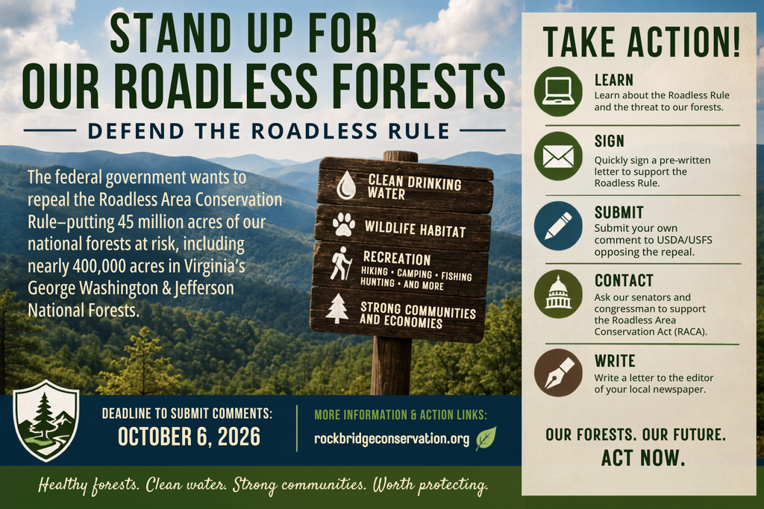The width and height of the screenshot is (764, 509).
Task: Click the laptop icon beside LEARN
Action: [x=558, y=91]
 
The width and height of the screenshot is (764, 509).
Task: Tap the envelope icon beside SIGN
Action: [x=558, y=157]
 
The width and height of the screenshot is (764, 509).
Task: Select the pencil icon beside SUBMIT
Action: [x=558, y=226]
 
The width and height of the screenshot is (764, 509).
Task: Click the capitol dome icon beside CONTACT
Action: [x=558, y=294]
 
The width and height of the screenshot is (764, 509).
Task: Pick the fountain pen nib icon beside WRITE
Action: [x=558, y=373]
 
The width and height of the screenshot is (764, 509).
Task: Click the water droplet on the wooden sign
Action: [x=346, y=185]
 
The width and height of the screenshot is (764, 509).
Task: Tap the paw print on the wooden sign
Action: [x=344, y=224]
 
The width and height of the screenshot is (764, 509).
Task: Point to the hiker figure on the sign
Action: [x=340, y=263]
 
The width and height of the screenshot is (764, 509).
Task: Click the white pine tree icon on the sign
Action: [x=337, y=309]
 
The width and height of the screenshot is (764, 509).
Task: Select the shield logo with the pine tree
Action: [x=46, y=420]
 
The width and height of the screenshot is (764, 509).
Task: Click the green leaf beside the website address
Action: [x=486, y=438]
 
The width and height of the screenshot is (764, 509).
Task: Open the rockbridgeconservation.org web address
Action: [x=392, y=438]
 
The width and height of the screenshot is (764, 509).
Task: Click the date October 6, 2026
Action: [x=189, y=437]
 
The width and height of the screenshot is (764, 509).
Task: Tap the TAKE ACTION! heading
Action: [x=641, y=42]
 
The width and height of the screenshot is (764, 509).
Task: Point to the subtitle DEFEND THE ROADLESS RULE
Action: [x=269, y=131]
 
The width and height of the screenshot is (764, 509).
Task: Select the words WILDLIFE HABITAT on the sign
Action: [x=415, y=228]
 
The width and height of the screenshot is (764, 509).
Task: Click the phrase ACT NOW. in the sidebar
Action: [x=642, y=458]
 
